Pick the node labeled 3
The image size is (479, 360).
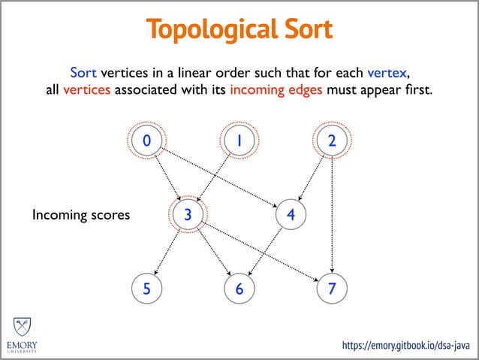[188, 215]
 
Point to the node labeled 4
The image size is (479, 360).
[290, 215]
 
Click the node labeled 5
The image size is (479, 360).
[146, 289]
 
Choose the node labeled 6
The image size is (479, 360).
[239, 289]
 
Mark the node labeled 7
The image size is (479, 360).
[332, 289]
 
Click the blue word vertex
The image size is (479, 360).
[387, 73]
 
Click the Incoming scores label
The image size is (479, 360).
[81, 216]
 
